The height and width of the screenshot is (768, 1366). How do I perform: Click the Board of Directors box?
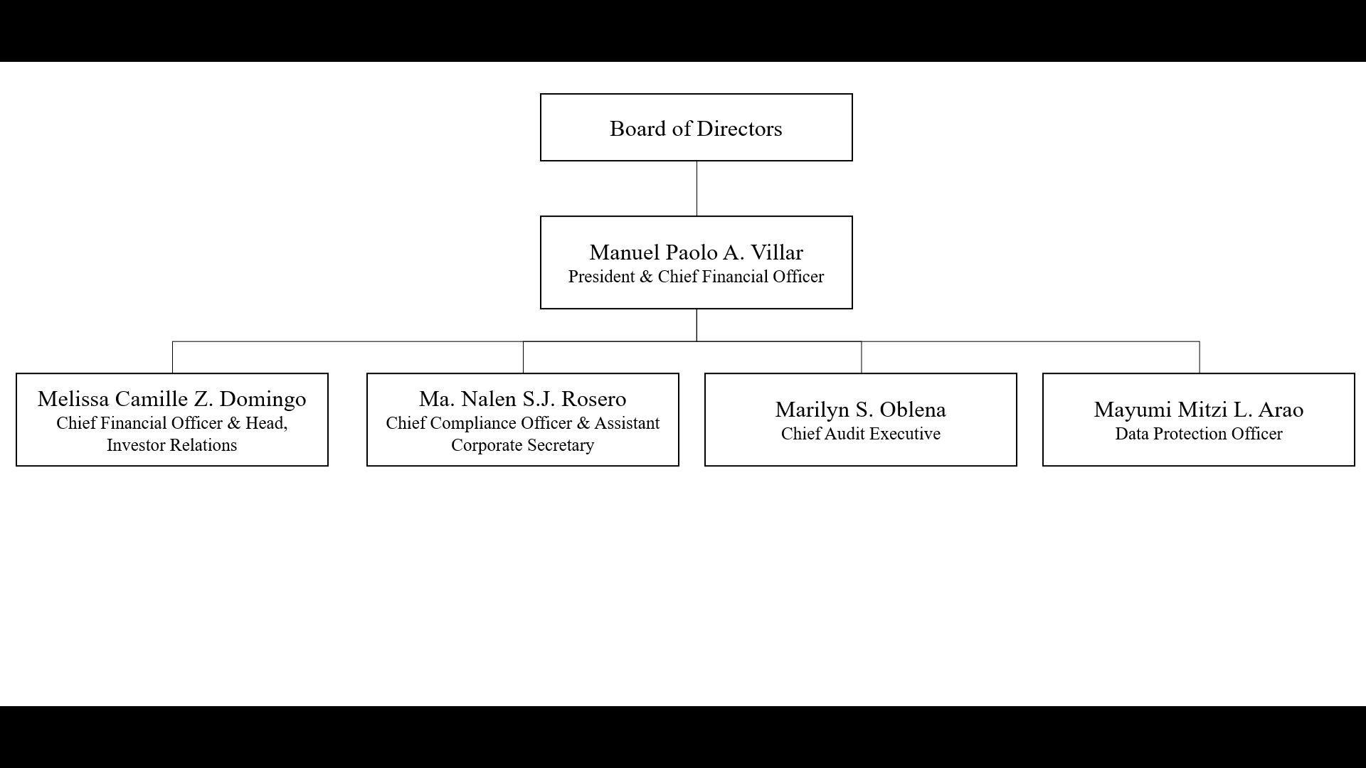pyautogui.click(x=696, y=127)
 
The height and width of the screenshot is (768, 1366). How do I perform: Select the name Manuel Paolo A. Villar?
pyautogui.click(x=696, y=252)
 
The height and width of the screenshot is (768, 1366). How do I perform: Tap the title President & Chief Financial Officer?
pyautogui.click(x=696, y=277)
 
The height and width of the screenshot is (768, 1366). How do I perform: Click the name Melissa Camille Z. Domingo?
pyautogui.click(x=172, y=399)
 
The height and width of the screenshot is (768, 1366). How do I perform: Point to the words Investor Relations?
pyautogui.click(x=172, y=445)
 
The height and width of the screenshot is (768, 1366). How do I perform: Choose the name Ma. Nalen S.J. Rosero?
pyautogui.click(x=523, y=399)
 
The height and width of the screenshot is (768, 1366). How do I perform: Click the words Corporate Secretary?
pyautogui.click(x=523, y=445)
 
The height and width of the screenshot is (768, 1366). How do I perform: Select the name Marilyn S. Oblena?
pyautogui.click(x=861, y=410)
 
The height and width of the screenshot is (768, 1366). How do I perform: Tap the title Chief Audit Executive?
pyautogui.click(x=861, y=434)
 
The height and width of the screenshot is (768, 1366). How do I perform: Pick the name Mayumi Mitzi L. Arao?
pyautogui.click(x=1199, y=410)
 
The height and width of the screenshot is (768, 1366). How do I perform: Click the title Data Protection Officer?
pyautogui.click(x=1199, y=434)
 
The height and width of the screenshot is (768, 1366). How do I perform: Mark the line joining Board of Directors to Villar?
pyautogui.click(x=697, y=188)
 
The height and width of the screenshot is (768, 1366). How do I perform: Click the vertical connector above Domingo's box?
pyautogui.click(x=172, y=357)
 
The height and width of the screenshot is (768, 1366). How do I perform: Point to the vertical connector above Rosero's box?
pyautogui.click(x=523, y=357)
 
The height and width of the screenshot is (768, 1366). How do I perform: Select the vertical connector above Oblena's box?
pyautogui.click(x=862, y=357)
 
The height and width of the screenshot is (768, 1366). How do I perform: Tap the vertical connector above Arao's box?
pyautogui.click(x=1200, y=357)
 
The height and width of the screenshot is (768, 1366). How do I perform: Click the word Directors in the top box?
pyautogui.click(x=739, y=129)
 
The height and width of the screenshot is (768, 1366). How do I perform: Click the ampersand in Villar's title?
pyautogui.click(x=646, y=277)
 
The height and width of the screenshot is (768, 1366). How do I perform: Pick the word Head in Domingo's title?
pyautogui.click(x=266, y=424)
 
